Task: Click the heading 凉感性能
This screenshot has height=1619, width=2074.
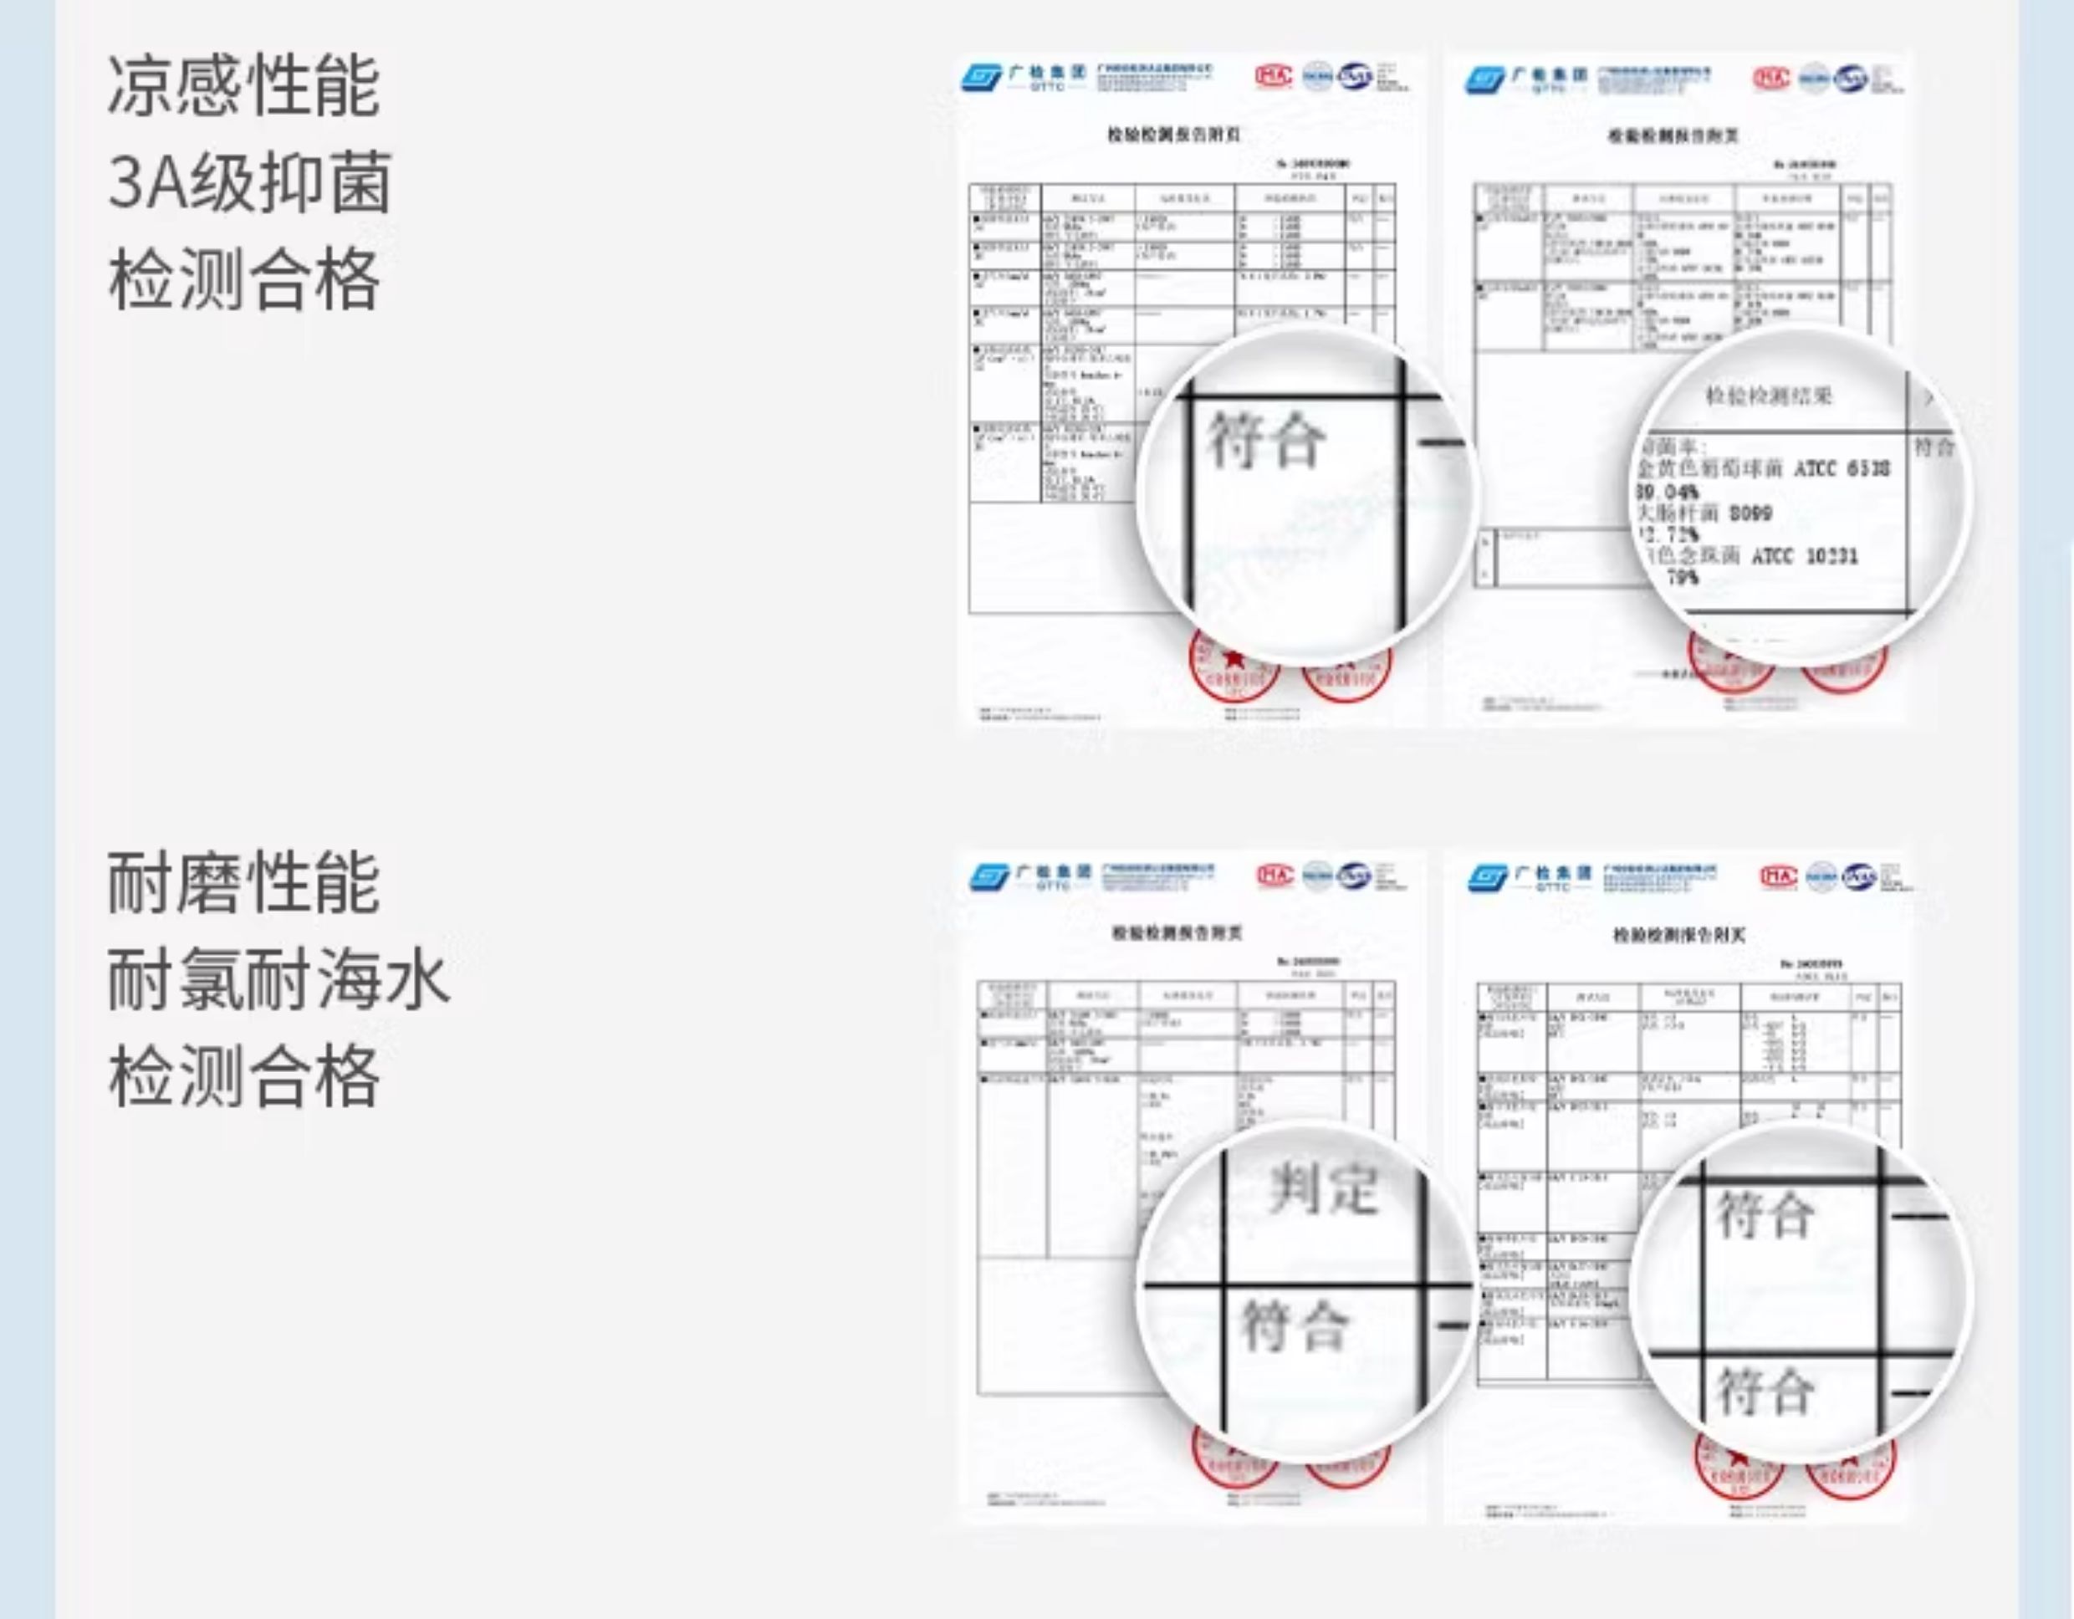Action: pos(243,85)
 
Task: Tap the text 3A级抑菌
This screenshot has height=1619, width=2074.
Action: pos(249,182)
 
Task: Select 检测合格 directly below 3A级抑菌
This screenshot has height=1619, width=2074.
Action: pos(243,279)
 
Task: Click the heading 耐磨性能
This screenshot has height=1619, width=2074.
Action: pos(243,883)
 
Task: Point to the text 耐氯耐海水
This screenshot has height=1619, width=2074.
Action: pos(278,980)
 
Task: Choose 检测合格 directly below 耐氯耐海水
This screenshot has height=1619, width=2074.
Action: pos(243,1077)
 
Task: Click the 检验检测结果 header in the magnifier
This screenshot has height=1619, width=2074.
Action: pos(1768,396)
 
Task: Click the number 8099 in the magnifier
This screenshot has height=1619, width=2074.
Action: pos(1750,513)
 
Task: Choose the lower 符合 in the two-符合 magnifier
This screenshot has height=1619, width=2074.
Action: pos(1765,1391)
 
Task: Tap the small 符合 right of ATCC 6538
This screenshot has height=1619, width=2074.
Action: pos(1934,447)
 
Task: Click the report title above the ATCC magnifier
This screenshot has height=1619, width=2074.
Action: pos(1673,135)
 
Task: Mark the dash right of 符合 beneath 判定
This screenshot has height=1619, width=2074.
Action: pos(1453,1325)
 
